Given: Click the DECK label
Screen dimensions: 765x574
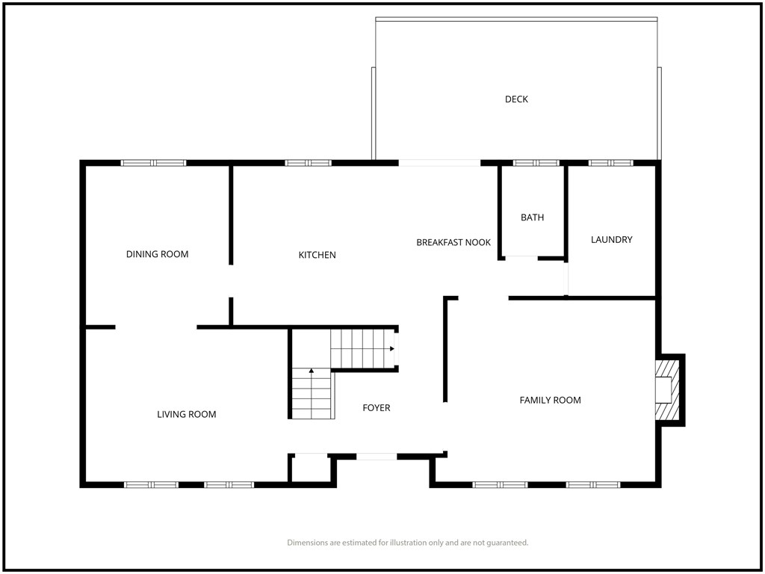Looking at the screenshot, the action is click(x=516, y=99).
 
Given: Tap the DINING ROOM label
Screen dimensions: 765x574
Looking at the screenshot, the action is click(x=157, y=254).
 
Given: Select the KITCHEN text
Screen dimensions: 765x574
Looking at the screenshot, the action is click(x=317, y=255).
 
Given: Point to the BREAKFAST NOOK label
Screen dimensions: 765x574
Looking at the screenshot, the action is click(x=453, y=242).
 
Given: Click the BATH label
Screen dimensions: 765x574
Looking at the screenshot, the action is click(x=532, y=217).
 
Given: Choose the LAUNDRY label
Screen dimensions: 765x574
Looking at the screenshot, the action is click(x=611, y=239).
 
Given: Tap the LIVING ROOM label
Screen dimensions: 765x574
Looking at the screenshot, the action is click(x=186, y=414).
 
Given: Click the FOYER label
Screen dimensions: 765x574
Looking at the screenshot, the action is click(x=377, y=407).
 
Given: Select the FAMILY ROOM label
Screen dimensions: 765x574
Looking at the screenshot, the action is click(x=550, y=401).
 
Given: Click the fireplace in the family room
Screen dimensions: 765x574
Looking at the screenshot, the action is click(x=667, y=390).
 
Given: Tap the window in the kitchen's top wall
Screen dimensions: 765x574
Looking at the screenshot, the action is click(x=309, y=163).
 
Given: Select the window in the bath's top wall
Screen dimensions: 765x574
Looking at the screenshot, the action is click(x=536, y=163).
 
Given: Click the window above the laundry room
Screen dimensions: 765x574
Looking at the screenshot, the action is click(x=611, y=163).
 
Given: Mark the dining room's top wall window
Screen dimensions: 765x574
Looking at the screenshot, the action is click(x=154, y=163).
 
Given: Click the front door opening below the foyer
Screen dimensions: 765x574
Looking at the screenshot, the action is click(x=377, y=457).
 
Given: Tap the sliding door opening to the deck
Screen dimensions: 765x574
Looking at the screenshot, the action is click(x=439, y=163).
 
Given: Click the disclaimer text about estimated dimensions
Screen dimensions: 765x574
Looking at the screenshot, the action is click(x=407, y=543).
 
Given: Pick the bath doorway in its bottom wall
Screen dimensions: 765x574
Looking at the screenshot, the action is click(x=521, y=257).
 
